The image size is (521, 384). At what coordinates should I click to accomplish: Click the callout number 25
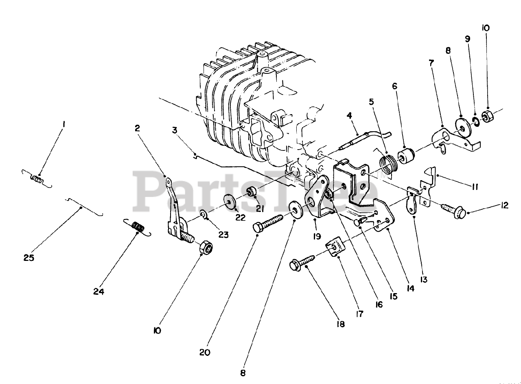(29, 258)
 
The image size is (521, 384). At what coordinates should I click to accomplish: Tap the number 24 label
(99, 291)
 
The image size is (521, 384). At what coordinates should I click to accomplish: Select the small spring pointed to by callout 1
(37, 178)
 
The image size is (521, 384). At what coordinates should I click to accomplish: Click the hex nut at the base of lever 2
(207, 247)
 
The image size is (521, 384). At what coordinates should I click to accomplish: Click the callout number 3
(175, 130)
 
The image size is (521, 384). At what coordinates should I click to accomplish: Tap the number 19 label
(317, 236)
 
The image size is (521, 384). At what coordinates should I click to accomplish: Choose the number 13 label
(424, 279)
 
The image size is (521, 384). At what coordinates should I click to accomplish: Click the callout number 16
(379, 304)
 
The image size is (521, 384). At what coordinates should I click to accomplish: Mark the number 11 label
(452, 187)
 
